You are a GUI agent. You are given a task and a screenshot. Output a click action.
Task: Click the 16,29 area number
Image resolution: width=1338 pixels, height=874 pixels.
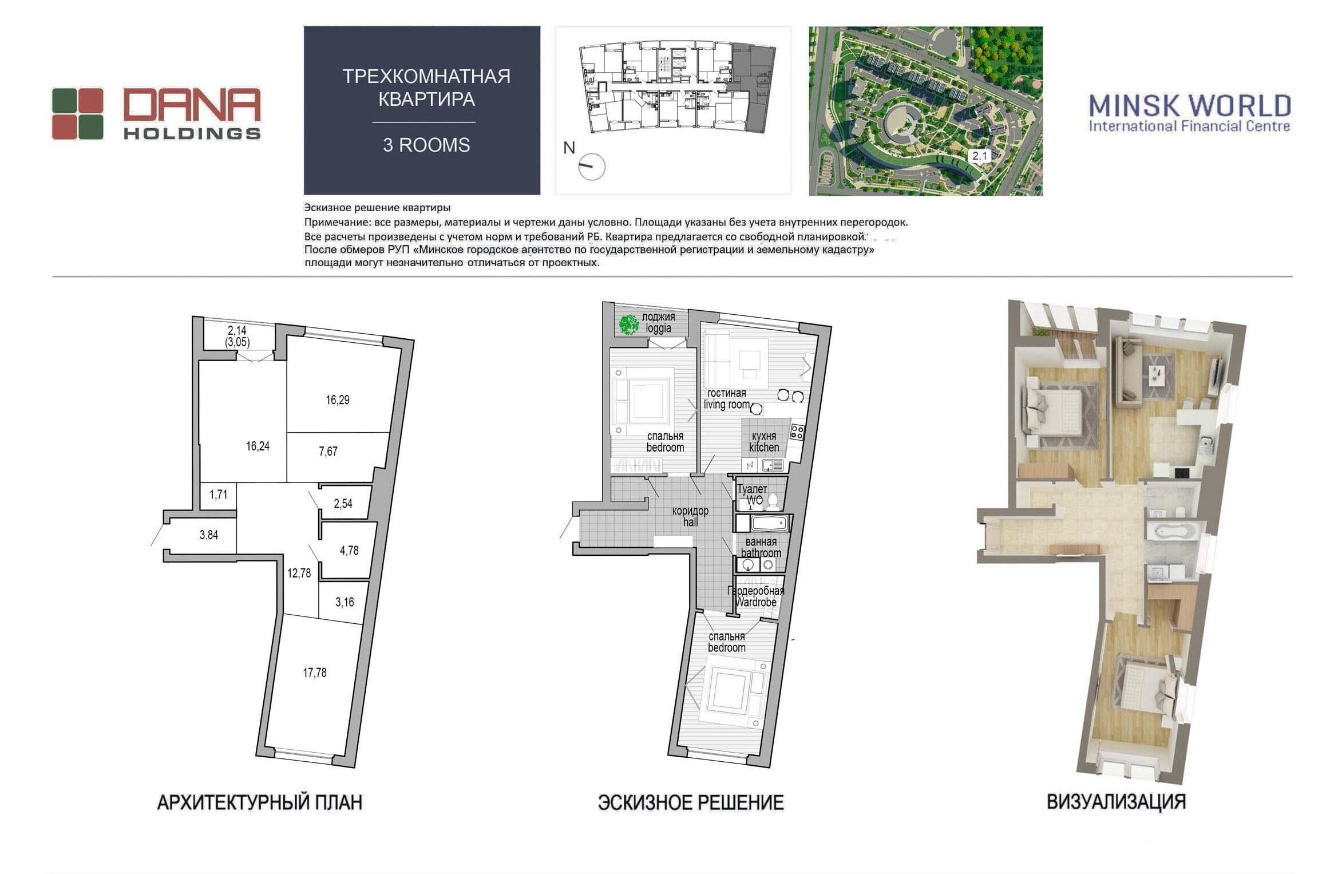coord(338,400)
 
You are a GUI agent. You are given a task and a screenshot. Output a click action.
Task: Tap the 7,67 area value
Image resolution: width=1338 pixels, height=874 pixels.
coord(328,452)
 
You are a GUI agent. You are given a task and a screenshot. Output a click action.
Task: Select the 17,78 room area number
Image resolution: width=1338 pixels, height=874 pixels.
coord(315,673)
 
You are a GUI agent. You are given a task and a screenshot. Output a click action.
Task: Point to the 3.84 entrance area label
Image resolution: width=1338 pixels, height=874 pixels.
coord(209,535)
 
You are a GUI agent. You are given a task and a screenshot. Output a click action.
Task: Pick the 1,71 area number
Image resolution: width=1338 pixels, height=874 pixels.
coord(219,495)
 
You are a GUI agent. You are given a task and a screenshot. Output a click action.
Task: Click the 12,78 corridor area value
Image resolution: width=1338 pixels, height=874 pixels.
coord(299,573)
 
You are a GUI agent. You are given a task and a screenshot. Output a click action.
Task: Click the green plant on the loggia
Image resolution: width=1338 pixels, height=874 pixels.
coord(628,325)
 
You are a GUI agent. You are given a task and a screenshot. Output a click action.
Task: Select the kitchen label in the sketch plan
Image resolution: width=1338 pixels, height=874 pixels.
coord(764,442)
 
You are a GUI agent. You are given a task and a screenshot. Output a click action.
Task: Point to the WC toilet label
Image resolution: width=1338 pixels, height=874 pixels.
coord(753,495)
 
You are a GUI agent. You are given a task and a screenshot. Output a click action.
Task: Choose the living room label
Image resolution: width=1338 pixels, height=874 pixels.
coord(727,399)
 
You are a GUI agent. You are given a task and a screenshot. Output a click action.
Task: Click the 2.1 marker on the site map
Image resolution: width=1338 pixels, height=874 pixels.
coord(980,156)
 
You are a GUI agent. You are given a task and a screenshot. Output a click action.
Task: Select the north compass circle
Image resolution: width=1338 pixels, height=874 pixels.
coord(592,167)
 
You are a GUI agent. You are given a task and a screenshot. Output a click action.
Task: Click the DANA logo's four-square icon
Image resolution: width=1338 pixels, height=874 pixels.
coord(78,114)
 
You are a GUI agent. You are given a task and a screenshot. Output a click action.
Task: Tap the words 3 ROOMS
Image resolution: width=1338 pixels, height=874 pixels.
coord(426,145)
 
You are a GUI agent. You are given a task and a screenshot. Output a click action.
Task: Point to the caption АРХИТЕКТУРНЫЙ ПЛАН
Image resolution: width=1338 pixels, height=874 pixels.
coord(260,802)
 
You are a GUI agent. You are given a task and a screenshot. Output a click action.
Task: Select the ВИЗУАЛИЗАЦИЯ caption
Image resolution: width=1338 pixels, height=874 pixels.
coord(1117,802)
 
